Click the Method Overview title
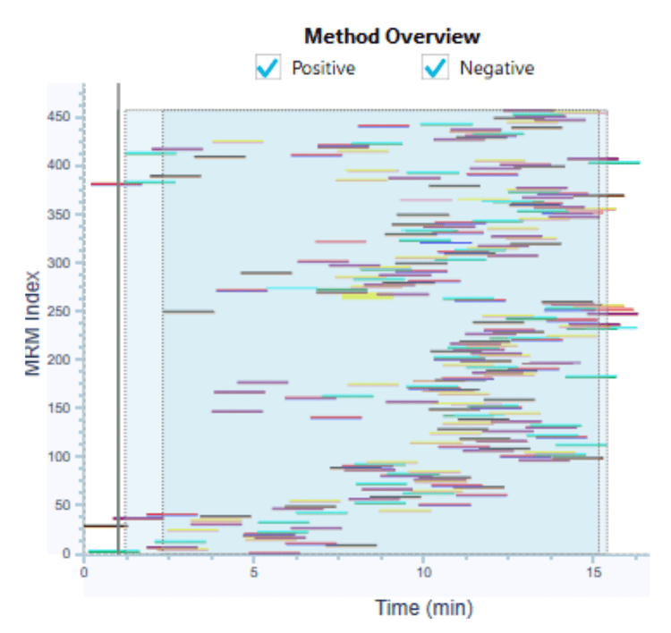[x=392, y=37]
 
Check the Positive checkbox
[x=267, y=68]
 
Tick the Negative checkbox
[x=435, y=68]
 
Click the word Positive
[x=323, y=68]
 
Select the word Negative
[x=497, y=68]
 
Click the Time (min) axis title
[x=424, y=609]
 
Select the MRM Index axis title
[x=34, y=320]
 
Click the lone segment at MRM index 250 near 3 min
[x=189, y=312]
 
